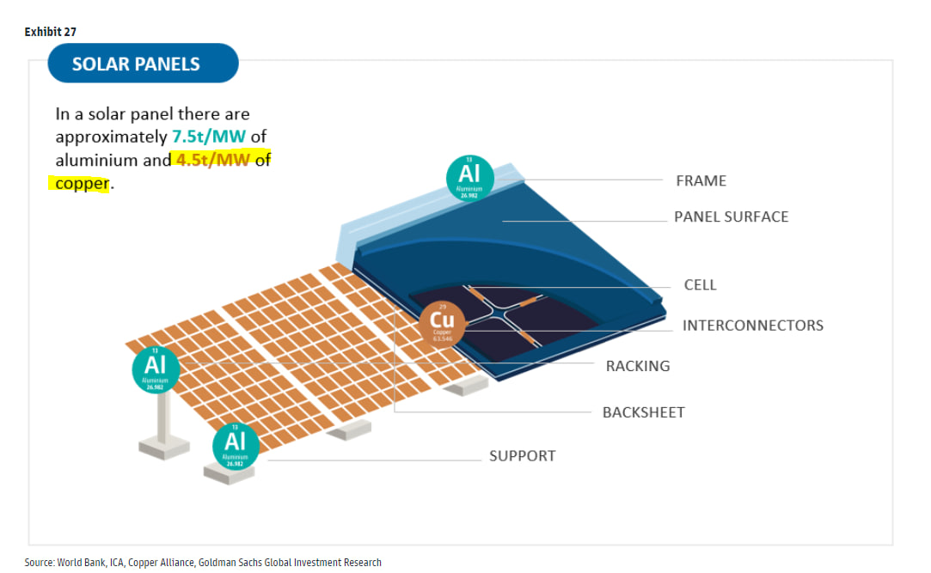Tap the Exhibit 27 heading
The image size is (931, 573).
pos(51,32)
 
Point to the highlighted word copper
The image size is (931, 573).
pos(82,183)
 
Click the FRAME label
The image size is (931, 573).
pos(701,180)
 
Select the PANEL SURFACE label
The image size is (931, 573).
pos(731,216)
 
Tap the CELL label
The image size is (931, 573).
pos(700,285)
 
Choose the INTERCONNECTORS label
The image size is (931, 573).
pos(752,326)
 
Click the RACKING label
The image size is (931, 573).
pos(637,366)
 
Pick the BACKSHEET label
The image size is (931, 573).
pos(643,412)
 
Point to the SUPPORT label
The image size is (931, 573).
pos(522,456)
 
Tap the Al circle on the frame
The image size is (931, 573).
pos(469,178)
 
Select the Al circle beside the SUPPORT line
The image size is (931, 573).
pos(235,446)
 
